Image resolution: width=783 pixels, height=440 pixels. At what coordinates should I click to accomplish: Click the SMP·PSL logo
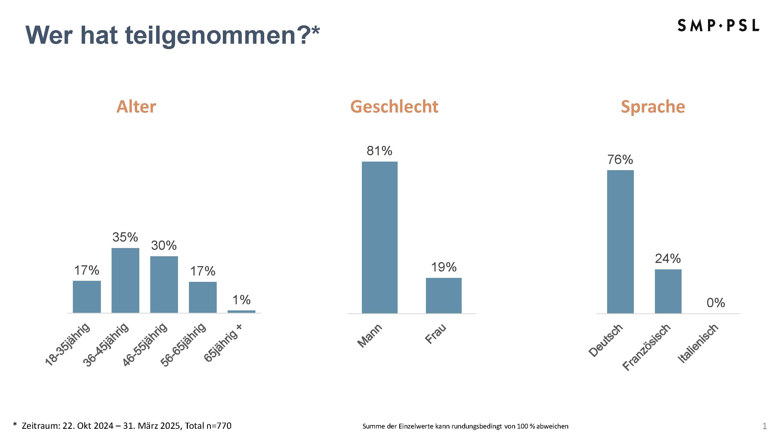tap(718, 26)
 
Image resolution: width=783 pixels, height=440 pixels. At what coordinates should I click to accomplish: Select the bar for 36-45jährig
tap(125, 280)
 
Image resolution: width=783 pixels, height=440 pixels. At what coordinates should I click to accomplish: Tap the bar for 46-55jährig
tap(164, 285)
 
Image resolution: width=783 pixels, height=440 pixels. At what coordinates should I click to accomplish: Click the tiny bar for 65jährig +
tap(241, 311)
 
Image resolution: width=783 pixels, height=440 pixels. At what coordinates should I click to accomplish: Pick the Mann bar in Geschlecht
tap(379, 237)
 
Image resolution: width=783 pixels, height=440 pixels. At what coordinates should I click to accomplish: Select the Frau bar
tap(444, 295)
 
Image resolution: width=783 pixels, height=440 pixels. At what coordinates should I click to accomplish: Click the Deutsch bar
tap(620, 241)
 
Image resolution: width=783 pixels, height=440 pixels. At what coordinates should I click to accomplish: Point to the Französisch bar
tap(668, 291)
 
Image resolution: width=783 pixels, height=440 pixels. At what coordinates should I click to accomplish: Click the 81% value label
tap(379, 151)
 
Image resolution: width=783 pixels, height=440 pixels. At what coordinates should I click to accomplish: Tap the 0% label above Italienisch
tap(715, 303)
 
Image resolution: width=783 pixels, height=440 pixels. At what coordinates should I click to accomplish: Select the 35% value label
tap(125, 237)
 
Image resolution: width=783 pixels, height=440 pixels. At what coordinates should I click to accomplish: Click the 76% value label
tap(620, 160)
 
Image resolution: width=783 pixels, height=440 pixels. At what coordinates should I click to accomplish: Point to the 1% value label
tap(241, 300)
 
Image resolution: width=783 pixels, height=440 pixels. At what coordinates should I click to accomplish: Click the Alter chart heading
tap(136, 107)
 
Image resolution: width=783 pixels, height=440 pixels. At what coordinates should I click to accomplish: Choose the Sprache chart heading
tap(652, 107)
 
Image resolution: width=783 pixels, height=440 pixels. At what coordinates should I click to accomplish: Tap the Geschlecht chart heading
tap(394, 107)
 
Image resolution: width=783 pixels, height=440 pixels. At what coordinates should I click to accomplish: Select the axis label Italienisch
tap(698, 343)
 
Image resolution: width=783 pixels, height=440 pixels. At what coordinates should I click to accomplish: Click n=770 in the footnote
tap(219, 426)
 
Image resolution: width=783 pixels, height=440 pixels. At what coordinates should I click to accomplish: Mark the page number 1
tap(765, 426)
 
